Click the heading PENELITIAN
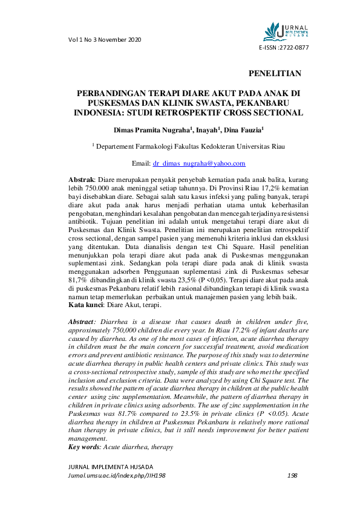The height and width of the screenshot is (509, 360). tap(275, 74)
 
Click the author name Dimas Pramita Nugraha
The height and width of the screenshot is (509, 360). tap(152, 129)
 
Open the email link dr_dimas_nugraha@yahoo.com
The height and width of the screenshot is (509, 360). tap(199, 163)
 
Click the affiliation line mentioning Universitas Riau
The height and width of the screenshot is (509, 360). tap(188, 146)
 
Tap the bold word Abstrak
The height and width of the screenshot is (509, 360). tap(80, 180)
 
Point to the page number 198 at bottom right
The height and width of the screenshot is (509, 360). tap(292, 475)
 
